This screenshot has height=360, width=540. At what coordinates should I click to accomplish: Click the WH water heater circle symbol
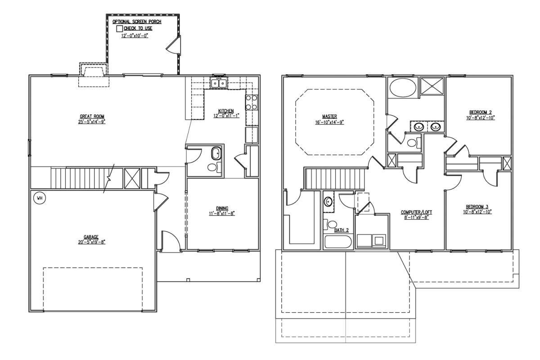(39, 198)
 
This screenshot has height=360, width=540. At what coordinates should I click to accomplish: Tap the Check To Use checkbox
(119, 28)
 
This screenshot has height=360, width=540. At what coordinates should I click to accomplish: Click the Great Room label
(92, 116)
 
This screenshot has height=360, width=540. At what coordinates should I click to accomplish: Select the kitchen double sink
(219, 83)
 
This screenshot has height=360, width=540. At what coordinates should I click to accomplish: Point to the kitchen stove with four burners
(251, 102)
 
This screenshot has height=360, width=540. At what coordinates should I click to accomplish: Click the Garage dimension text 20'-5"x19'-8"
(91, 242)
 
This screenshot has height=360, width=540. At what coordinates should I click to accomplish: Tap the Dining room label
(222, 208)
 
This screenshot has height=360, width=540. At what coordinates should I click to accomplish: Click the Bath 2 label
(342, 230)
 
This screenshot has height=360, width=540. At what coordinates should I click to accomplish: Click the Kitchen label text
(226, 111)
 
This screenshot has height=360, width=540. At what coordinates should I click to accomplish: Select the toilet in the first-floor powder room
(211, 167)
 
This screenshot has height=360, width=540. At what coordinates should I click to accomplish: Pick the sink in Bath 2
(328, 202)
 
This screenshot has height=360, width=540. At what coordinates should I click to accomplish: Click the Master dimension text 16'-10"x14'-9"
(330, 122)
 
